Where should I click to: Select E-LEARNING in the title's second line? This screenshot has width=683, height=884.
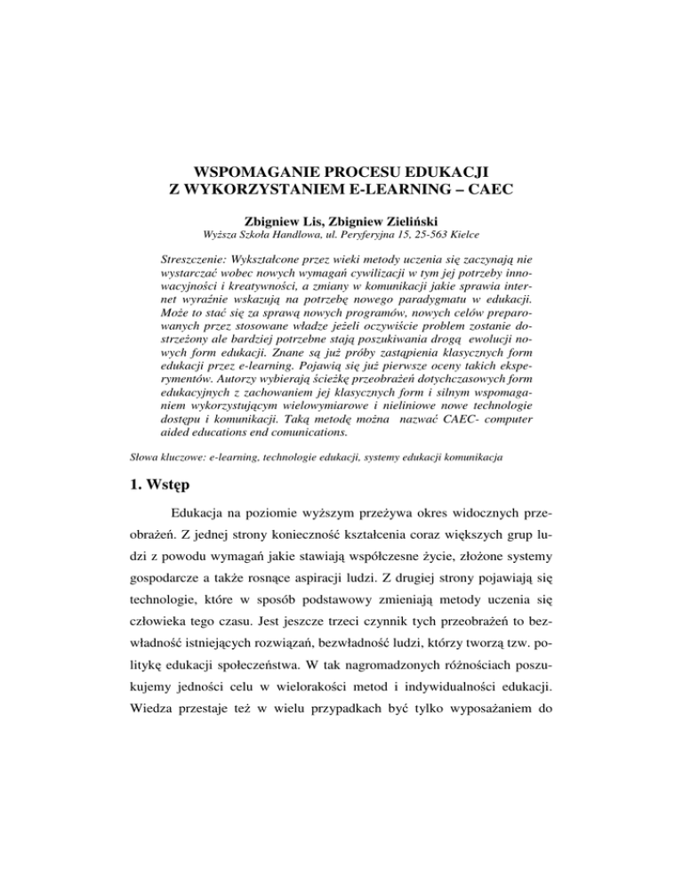coord(408,188)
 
